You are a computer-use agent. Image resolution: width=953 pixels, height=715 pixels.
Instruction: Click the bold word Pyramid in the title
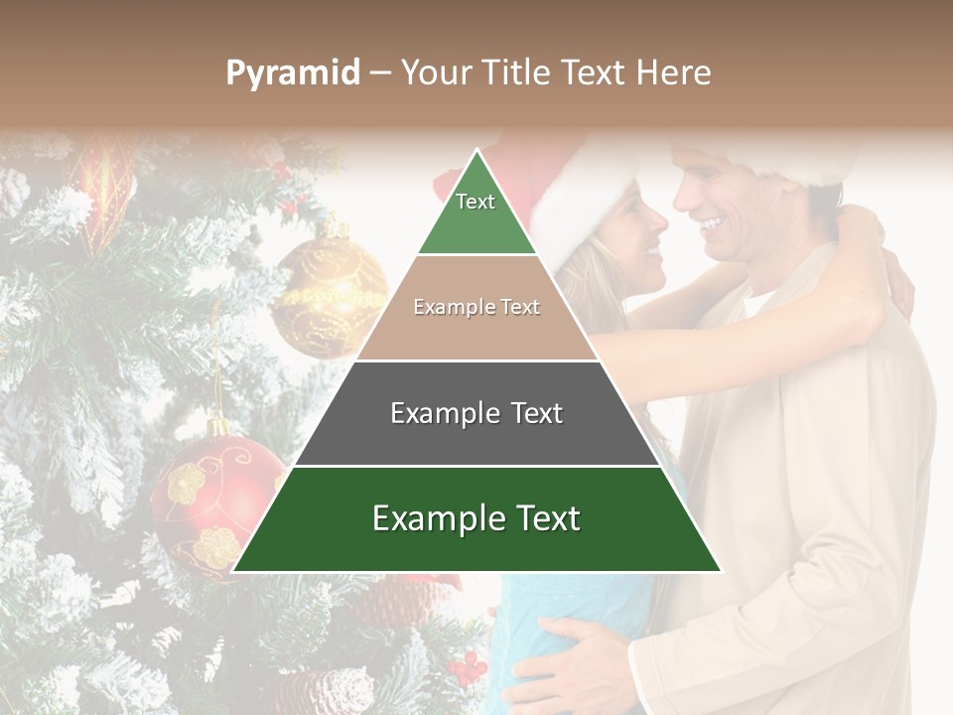pyautogui.click(x=293, y=73)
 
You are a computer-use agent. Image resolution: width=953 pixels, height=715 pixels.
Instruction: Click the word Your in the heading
pyautogui.click(x=435, y=73)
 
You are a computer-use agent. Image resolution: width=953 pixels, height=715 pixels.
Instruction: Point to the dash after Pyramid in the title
pyautogui.click(x=380, y=73)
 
